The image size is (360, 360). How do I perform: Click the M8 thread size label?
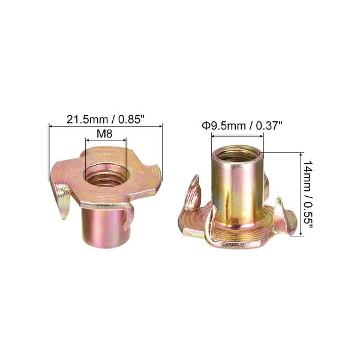tap(105, 135)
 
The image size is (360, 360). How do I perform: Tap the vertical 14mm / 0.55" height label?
tap(306, 193)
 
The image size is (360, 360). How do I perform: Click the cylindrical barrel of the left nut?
tap(105, 225)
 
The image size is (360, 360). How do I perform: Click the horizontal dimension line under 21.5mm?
tap(106, 126)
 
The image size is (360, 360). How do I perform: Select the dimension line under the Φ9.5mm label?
tap(237, 135)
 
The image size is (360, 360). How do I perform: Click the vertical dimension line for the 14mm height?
tap(299, 193)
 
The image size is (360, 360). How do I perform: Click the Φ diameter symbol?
tap(205, 126)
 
